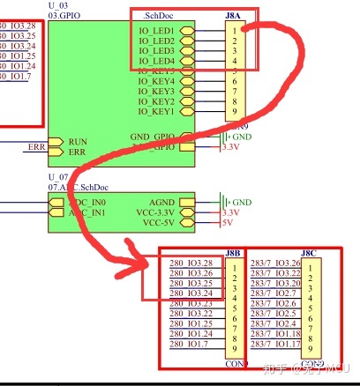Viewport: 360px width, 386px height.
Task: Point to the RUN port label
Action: pyautogui.click(x=78, y=142)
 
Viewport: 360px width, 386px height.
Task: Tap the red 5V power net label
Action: pyautogui.click(x=227, y=223)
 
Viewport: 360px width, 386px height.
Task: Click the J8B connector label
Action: pyautogui.click(x=233, y=254)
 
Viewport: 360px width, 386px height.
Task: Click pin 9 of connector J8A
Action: pyautogui.click(x=234, y=112)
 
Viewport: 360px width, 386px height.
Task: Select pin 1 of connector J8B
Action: pyautogui.click(x=234, y=264)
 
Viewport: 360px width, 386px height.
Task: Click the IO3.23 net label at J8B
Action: pyautogui.click(x=200, y=304)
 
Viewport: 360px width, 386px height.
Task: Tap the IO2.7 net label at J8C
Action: pyautogui.click(x=289, y=294)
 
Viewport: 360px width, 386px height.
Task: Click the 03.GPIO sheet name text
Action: pyautogui.click(x=64, y=16)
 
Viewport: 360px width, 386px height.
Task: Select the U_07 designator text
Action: pyautogui.click(x=58, y=178)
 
